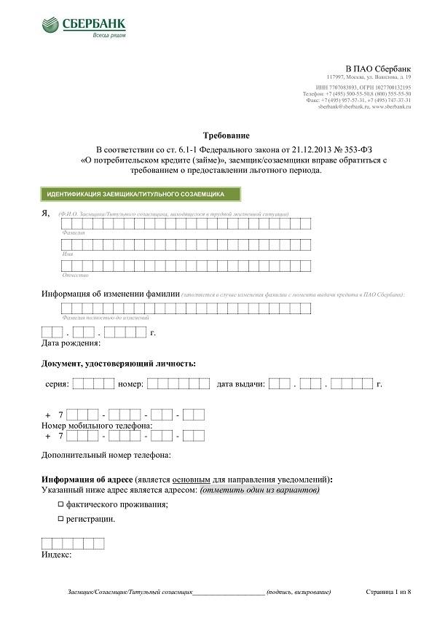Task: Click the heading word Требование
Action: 226,136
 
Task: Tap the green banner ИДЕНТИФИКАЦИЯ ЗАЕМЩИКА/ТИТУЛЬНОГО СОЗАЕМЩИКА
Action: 140,195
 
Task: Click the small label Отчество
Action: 75,275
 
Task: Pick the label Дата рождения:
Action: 71,343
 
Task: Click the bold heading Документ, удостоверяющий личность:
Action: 119,363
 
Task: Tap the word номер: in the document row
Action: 130,383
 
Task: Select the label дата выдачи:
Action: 240,383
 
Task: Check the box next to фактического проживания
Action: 61,504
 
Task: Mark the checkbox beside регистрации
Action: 61,520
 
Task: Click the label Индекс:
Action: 57,555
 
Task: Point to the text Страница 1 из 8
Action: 388,591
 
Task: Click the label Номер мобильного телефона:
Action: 97,425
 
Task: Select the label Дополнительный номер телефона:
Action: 106,455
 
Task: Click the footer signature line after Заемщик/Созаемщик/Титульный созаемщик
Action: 229,592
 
